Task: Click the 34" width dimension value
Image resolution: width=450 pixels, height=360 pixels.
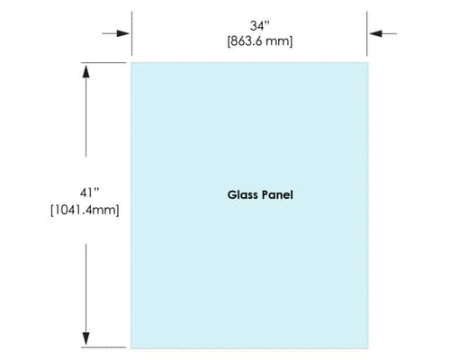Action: (260, 26)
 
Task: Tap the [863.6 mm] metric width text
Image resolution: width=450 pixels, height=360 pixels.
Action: (260, 41)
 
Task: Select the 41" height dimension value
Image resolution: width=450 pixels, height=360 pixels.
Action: (89, 193)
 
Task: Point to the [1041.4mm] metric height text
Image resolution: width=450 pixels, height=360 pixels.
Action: (85, 210)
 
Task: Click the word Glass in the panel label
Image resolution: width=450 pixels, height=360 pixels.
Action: (242, 194)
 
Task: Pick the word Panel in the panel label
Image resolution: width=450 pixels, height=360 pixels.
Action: (277, 194)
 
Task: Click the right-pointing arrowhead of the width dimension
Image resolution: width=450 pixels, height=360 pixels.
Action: (123, 33)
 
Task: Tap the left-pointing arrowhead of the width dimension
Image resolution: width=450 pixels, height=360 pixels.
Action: (375, 33)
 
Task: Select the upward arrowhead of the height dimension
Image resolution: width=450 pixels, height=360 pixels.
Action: (86, 72)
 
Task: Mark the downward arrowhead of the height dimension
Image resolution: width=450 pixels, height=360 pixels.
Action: (86, 338)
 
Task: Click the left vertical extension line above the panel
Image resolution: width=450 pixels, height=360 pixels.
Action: (131, 33)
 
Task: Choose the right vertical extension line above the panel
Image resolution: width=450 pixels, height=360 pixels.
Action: (367, 33)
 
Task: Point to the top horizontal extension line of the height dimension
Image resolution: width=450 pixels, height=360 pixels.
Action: (103, 63)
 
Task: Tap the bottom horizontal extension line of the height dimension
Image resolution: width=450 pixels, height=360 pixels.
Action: (103, 347)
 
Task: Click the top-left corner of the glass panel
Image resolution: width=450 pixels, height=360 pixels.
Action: (131, 63)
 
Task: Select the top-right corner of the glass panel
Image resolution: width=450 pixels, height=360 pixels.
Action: (368, 63)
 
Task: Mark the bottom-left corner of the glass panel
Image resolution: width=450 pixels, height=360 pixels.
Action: (131, 348)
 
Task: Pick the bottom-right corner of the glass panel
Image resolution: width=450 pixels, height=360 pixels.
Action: (368, 348)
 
